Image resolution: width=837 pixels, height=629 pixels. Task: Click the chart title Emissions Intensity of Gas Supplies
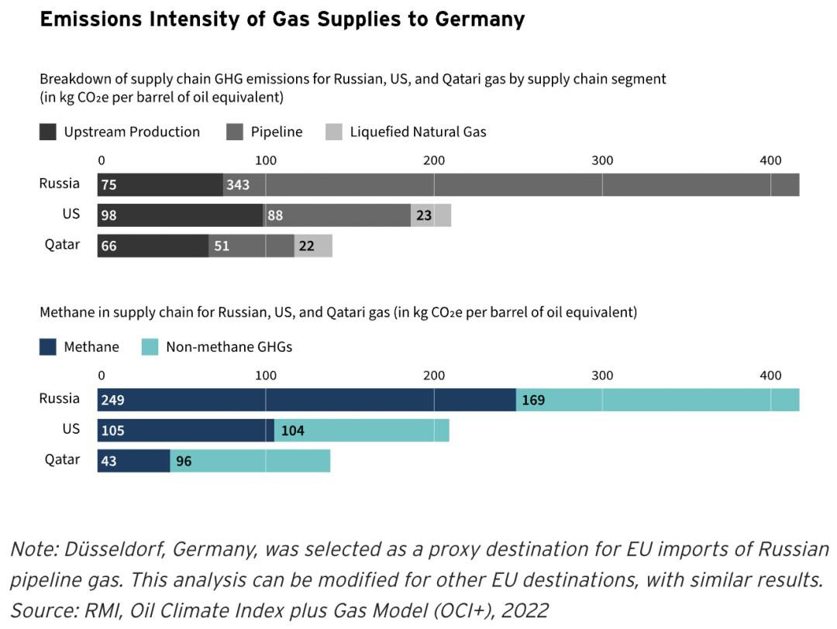[282, 19]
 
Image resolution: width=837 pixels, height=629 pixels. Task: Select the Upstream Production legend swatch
[48, 132]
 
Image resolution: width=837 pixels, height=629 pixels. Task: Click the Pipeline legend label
[276, 132]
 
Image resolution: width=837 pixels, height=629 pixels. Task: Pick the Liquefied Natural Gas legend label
[418, 132]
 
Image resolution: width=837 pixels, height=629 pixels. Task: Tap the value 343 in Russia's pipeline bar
[237, 185]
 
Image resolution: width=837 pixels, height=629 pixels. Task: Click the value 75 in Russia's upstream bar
[110, 185]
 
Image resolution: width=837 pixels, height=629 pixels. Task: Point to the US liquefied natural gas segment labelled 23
[424, 216]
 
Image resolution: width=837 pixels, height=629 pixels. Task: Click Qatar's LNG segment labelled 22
[307, 246]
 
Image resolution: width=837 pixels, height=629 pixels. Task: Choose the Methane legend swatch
[48, 346]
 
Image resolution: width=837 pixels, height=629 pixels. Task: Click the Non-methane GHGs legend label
[229, 346]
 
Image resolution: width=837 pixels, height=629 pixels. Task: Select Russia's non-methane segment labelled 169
[533, 400]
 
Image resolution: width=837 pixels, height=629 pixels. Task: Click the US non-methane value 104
[294, 431]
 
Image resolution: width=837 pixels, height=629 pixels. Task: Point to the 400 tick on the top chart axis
[770, 160]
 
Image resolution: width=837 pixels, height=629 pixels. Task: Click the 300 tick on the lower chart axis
[601, 376]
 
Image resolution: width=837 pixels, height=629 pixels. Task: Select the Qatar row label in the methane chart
[62, 460]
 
